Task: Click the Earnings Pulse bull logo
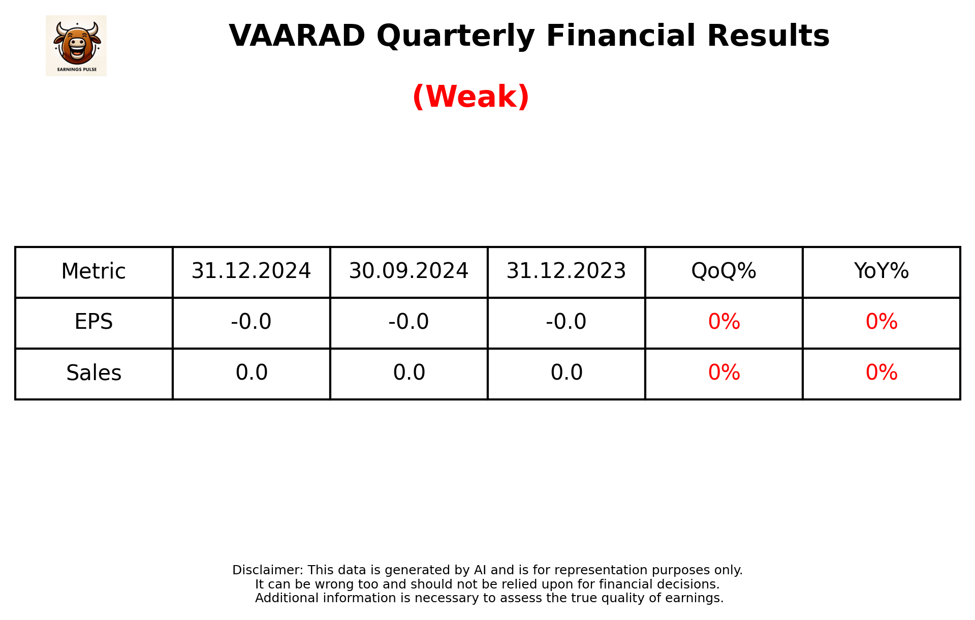pyautogui.click(x=76, y=45)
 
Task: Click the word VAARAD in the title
pyautogui.click(x=297, y=36)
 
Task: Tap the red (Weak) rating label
pyautogui.click(x=470, y=97)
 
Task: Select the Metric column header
pyautogui.click(x=93, y=271)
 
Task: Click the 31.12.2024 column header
pyautogui.click(x=251, y=271)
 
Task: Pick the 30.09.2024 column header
pyautogui.click(x=408, y=271)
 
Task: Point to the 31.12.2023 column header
pyautogui.click(x=566, y=271)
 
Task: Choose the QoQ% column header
pyautogui.click(x=724, y=271)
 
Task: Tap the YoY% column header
pyautogui.click(x=881, y=271)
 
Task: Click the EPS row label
pyautogui.click(x=93, y=322)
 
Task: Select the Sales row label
pyautogui.click(x=93, y=373)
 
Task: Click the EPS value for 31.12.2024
pyautogui.click(x=251, y=322)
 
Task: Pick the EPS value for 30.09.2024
pyautogui.click(x=408, y=322)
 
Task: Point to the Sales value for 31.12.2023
pyautogui.click(x=566, y=373)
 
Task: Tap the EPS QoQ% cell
pyautogui.click(x=724, y=322)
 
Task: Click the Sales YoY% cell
pyautogui.click(x=881, y=373)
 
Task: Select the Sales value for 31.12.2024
pyautogui.click(x=251, y=373)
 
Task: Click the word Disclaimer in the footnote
pyautogui.click(x=267, y=570)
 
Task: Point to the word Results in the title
pyautogui.click(x=768, y=36)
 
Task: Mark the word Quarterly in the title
pyautogui.click(x=456, y=36)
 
